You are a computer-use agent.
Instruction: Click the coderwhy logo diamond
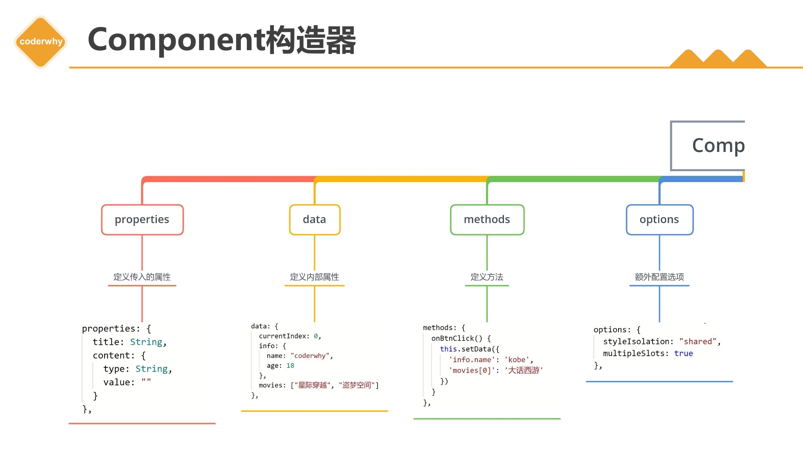(41, 42)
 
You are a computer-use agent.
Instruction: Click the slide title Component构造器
(222, 40)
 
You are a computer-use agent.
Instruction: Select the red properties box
(142, 220)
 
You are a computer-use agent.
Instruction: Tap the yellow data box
(315, 220)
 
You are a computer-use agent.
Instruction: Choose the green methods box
(487, 220)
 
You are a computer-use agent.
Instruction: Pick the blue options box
(660, 220)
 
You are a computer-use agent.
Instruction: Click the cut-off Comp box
(708, 146)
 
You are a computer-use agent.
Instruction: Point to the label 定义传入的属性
(142, 277)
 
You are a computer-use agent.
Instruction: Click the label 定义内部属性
(315, 277)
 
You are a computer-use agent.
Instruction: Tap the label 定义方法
(487, 277)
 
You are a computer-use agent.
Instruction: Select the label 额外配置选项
(660, 277)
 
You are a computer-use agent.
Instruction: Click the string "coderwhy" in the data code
(310, 356)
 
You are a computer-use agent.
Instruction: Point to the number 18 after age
(290, 366)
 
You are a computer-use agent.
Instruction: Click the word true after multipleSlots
(683, 354)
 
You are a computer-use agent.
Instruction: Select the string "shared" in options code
(698, 342)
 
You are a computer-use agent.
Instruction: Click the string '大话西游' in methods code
(524, 370)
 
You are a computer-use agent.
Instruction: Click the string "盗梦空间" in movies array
(357, 385)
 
